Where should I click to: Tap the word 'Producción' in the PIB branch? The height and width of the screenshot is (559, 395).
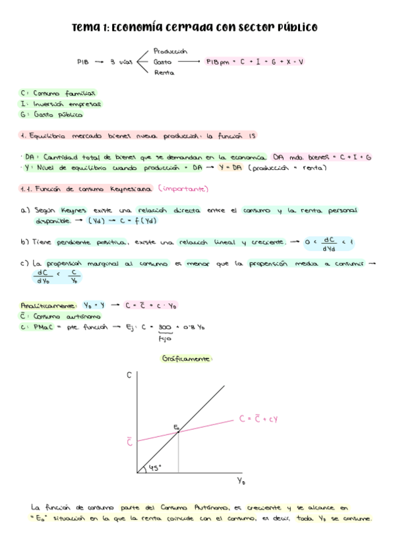170,51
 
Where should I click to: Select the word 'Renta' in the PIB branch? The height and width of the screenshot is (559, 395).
164,72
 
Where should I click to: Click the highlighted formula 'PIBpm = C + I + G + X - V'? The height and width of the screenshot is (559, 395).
255,61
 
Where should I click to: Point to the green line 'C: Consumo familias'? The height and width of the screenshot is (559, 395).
59,93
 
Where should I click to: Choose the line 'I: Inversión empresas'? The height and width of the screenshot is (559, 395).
61,103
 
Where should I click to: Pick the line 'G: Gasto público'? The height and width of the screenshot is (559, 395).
52,114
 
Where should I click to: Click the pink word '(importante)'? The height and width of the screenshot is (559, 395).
183,189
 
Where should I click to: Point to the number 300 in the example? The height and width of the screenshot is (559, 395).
165,327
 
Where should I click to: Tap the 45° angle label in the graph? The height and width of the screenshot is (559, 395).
155,467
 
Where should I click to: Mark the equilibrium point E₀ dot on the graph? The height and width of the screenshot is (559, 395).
179,432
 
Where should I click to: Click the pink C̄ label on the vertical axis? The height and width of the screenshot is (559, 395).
129,442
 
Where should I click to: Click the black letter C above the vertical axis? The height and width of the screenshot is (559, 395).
129,374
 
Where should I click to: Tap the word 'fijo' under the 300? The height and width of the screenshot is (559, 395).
165,339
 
